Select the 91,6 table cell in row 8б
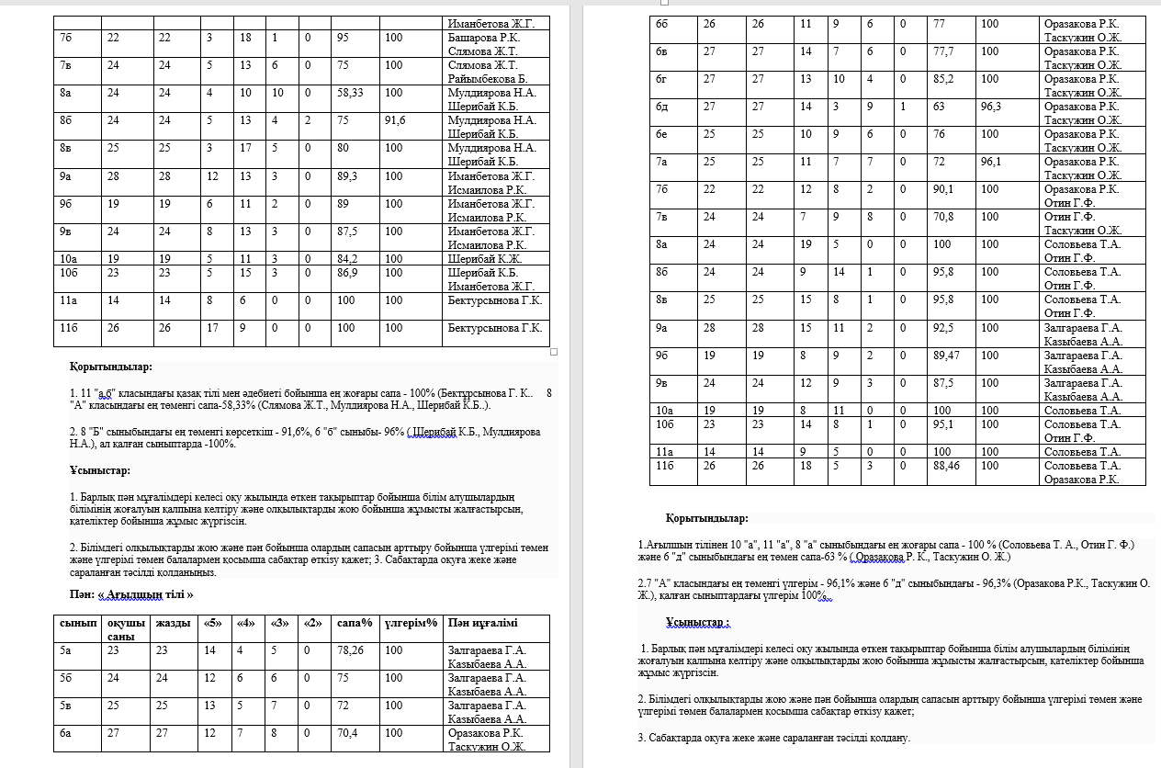(x=395, y=120)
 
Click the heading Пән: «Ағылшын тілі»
(x=132, y=594)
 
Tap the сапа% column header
(x=355, y=623)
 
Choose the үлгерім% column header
(x=410, y=623)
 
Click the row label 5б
(x=67, y=678)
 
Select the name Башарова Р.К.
(x=483, y=38)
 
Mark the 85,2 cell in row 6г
(x=943, y=79)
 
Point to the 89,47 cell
(x=947, y=356)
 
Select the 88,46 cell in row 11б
(x=947, y=466)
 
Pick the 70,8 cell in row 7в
(x=943, y=217)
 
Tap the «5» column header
(x=212, y=623)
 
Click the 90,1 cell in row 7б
(x=943, y=189)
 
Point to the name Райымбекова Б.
(x=488, y=79)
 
